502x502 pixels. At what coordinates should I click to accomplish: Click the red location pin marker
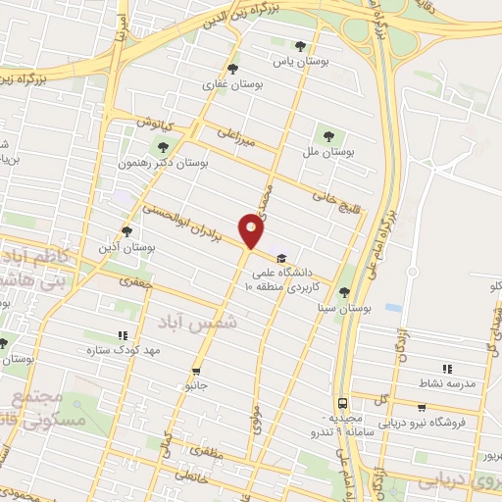(252, 231)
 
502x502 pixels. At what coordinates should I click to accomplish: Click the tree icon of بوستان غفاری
(232, 69)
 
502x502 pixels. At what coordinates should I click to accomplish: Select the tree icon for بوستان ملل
(327, 136)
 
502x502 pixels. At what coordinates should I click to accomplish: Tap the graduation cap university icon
(282, 248)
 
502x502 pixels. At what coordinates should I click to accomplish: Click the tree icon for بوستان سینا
(343, 291)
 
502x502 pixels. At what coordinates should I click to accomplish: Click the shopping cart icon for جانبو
(197, 372)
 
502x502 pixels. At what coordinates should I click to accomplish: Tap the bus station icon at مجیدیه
(342, 402)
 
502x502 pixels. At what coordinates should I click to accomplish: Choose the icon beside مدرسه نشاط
(447, 369)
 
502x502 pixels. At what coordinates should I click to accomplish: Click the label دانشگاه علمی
(311, 248)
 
